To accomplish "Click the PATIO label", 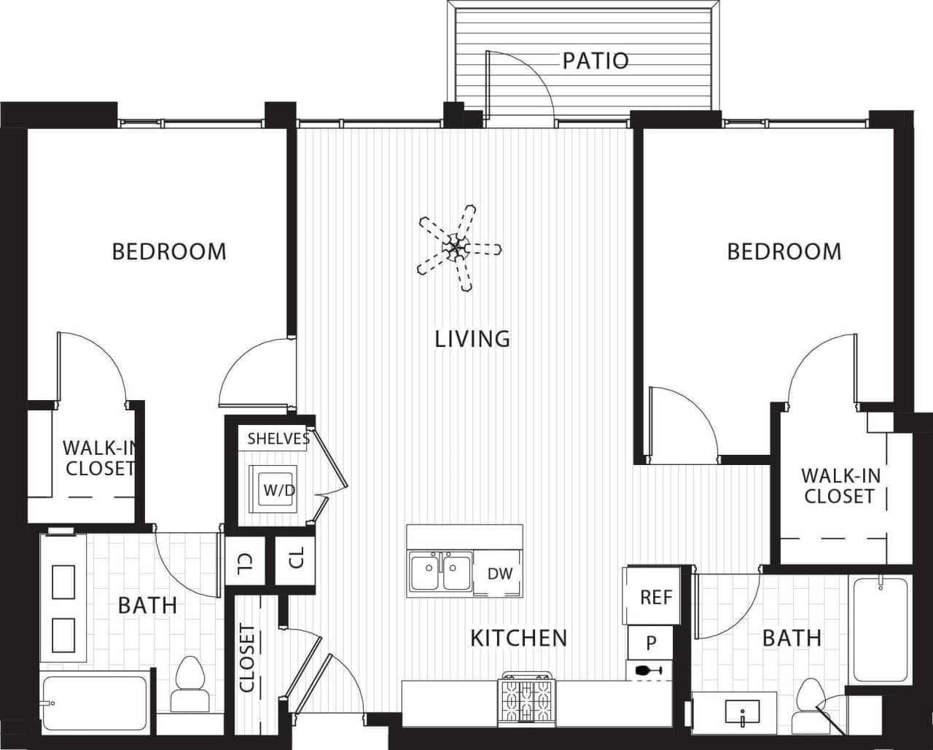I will point(595,60).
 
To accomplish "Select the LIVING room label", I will point(472,339).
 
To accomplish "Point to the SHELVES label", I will point(278,438).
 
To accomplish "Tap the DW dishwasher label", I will point(500,574).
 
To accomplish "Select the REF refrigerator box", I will point(655,598).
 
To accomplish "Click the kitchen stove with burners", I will point(526,700).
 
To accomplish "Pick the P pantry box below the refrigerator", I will point(650,643).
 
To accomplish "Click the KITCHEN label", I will point(518,638).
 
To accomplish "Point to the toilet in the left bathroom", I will point(190,685).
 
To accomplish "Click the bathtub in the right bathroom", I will point(880,629).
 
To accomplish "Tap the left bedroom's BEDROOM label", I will point(169,251).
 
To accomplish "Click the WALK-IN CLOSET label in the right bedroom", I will point(840,486).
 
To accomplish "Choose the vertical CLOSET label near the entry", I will point(248,658).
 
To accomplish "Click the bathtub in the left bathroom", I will point(95,703).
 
